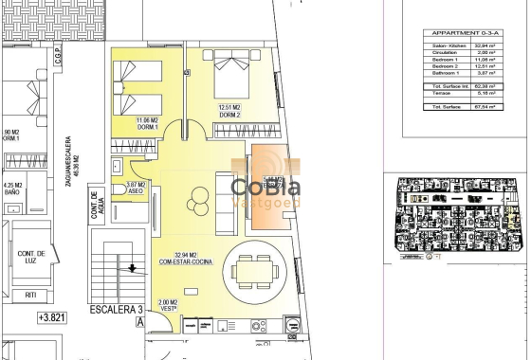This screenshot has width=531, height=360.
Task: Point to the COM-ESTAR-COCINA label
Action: [x=179, y=258]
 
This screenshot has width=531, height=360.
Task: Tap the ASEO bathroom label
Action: [x=136, y=188]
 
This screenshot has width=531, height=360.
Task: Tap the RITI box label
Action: [x=31, y=295]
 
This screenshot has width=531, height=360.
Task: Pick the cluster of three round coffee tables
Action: [x=200, y=201]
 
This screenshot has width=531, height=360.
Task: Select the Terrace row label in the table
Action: [x=443, y=95]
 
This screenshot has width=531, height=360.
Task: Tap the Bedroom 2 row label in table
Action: [x=445, y=66]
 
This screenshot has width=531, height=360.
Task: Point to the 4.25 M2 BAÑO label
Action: [x=12, y=189]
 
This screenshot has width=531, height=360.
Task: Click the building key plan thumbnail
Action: [x=454, y=213]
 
